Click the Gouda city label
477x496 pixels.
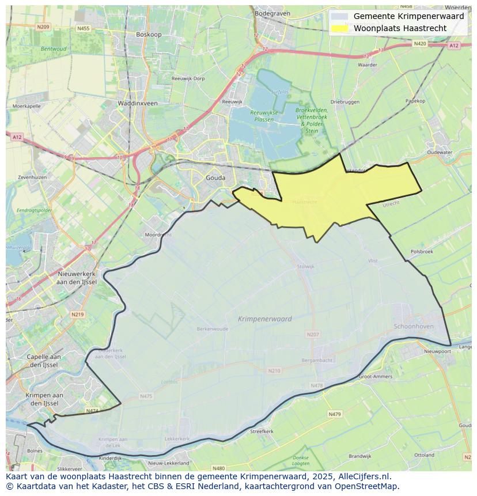215,178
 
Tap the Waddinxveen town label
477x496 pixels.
138,103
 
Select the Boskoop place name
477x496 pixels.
148,35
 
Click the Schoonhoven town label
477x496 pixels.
413,326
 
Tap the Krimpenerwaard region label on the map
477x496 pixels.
264,319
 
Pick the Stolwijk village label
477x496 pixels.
305,267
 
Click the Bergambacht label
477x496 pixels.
317,360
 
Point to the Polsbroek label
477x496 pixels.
422,252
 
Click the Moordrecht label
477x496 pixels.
158,235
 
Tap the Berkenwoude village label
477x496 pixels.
212,329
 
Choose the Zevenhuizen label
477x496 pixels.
32,177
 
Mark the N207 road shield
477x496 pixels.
313,334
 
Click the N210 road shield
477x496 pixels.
274,370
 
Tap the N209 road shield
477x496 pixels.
43,26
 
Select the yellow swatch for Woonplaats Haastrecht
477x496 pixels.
340,28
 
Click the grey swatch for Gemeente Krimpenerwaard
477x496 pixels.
340,16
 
